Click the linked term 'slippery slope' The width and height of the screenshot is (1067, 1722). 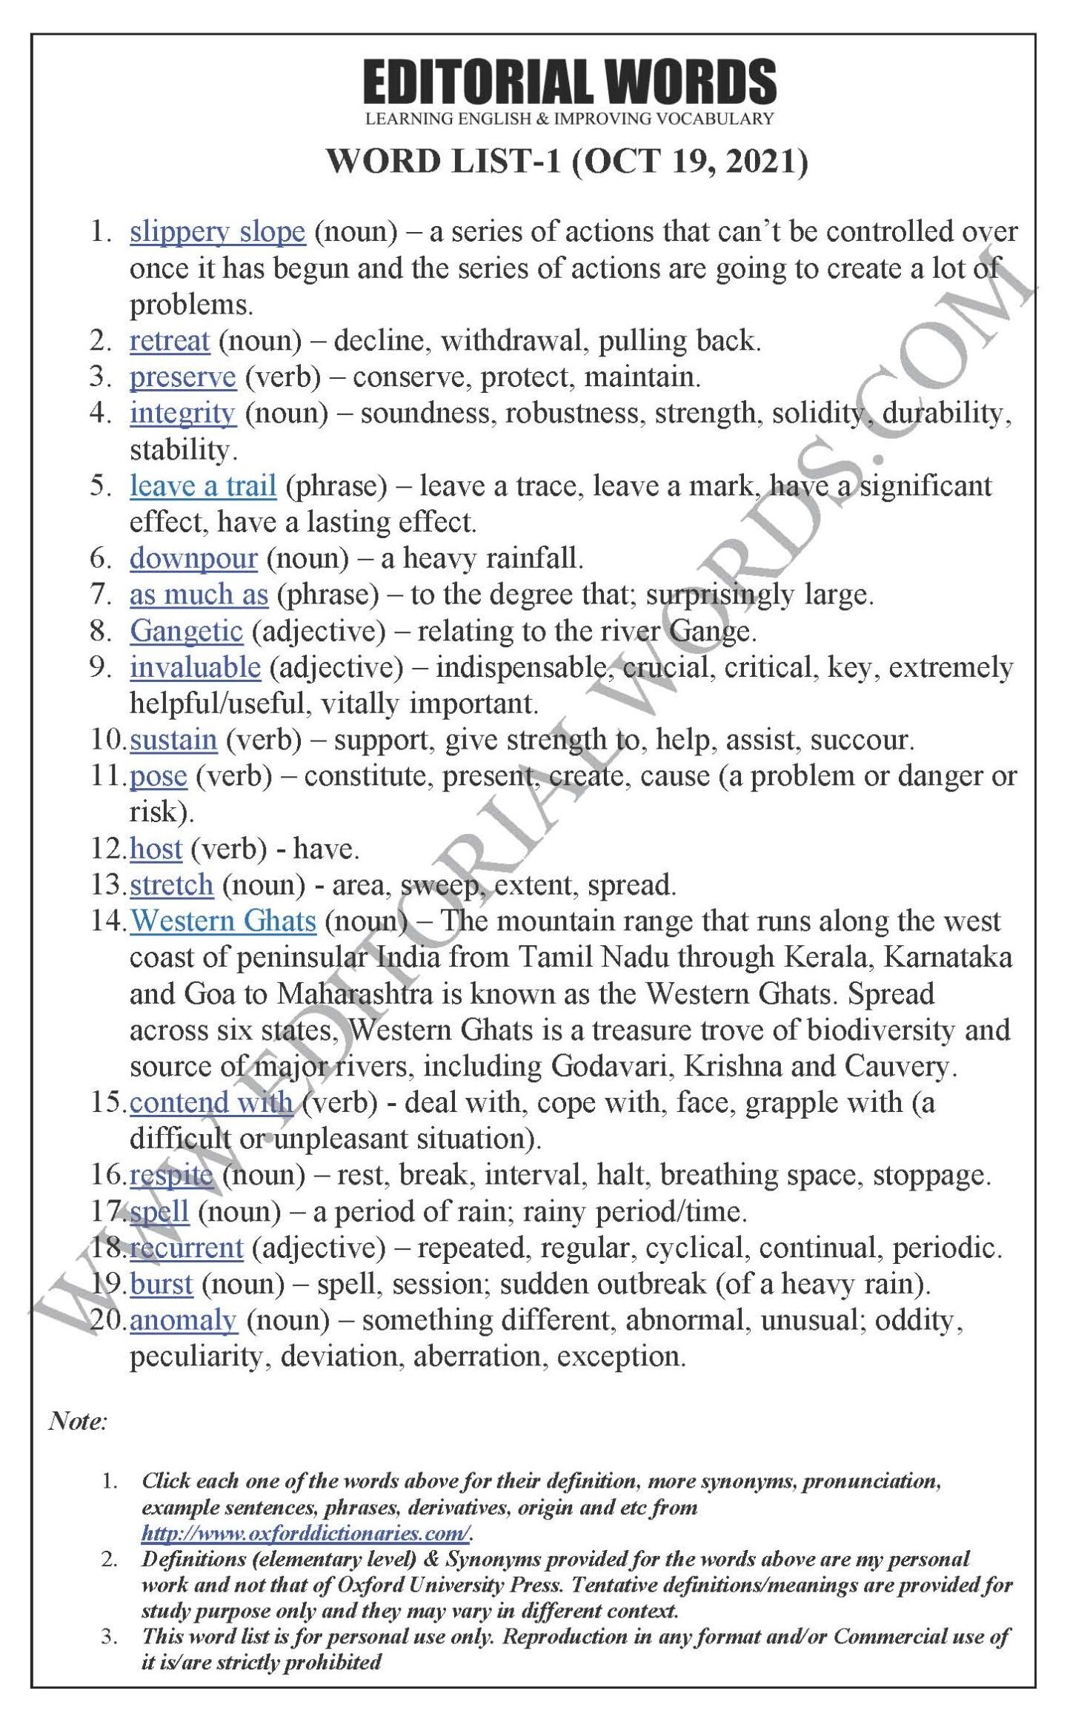[217, 233]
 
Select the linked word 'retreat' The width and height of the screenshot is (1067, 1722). [170, 341]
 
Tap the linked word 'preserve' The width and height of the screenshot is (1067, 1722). [182, 378]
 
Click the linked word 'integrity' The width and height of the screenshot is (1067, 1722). [182, 414]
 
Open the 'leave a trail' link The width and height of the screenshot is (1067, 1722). [203, 486]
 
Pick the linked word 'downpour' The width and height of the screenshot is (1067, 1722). [193, 559]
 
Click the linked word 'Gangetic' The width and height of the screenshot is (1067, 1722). [186, 632]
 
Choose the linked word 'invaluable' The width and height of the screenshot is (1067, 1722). [195, 668]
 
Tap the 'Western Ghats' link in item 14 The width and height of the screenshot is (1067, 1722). [223, 921]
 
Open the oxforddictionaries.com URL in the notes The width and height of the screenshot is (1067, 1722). [306, 1532]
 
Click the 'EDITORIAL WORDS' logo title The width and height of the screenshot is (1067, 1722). [569, 82]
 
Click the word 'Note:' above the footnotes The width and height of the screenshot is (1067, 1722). [78, 1421]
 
